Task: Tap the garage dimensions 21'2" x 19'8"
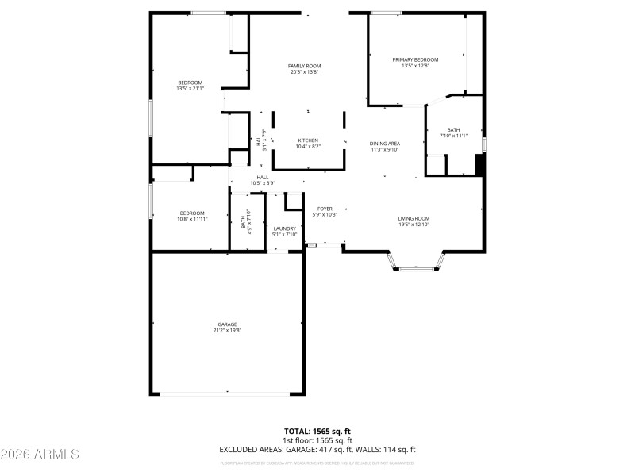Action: (228, 330)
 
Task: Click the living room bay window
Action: (417, 267)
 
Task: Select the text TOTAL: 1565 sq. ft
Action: (317, 432)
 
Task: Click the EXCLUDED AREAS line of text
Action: (317, 450)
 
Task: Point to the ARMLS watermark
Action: (40, 455)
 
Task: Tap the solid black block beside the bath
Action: (479, 164)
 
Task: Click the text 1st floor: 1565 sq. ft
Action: (317, 440)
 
